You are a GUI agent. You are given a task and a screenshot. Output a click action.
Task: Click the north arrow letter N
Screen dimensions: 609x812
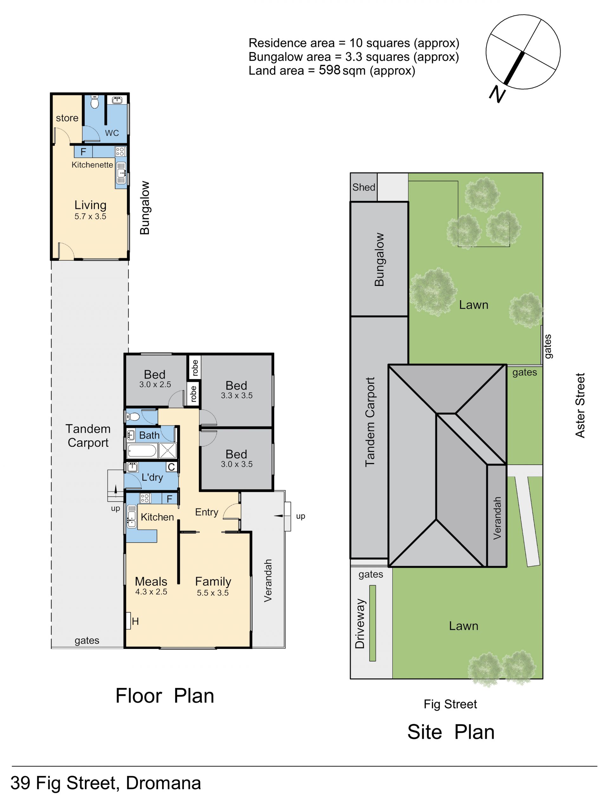click(497, 94)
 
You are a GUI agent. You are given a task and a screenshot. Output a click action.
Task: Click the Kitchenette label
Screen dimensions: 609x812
click(92, 165)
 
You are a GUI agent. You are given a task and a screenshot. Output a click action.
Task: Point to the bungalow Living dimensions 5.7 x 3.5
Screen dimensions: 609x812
click(90, 217)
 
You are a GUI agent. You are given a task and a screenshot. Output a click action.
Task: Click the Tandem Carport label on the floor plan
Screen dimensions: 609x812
click(88, 436)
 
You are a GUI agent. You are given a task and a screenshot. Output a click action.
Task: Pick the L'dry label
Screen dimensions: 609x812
click(152, 477)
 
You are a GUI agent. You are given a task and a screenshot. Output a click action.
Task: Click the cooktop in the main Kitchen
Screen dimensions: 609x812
click(145, 498)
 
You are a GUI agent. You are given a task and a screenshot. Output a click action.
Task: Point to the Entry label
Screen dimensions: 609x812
click(206, 512)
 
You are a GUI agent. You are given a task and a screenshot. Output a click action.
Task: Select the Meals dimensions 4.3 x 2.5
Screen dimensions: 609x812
click(151, 592)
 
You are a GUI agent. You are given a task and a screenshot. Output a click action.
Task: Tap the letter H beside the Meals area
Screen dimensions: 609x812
click(135, 621)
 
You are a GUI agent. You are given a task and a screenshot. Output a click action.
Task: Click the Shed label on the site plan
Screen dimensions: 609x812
click(363, 187)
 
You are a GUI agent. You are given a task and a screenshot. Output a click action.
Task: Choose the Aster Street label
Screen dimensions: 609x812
click(580, 405)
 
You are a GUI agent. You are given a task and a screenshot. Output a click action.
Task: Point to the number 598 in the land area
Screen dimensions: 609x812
click(330, 70)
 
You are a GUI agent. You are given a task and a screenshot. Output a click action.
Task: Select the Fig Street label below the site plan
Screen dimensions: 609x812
click(450, 704)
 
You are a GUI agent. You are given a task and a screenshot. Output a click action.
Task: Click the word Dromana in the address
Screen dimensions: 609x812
click(163, 783)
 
